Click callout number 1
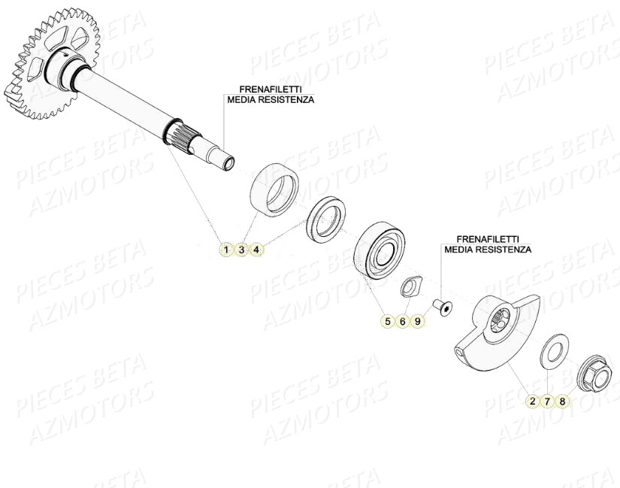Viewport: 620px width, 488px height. (225, 249)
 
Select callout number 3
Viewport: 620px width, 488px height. (241, 249)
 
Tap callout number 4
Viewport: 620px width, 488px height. (256, 249)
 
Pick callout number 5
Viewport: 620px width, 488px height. (388, 321)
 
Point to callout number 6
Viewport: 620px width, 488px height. (403, 321)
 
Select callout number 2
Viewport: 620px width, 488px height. (532, 401)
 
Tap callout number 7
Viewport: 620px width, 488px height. (548, 401)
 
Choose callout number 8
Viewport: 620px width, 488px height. (562, 401)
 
